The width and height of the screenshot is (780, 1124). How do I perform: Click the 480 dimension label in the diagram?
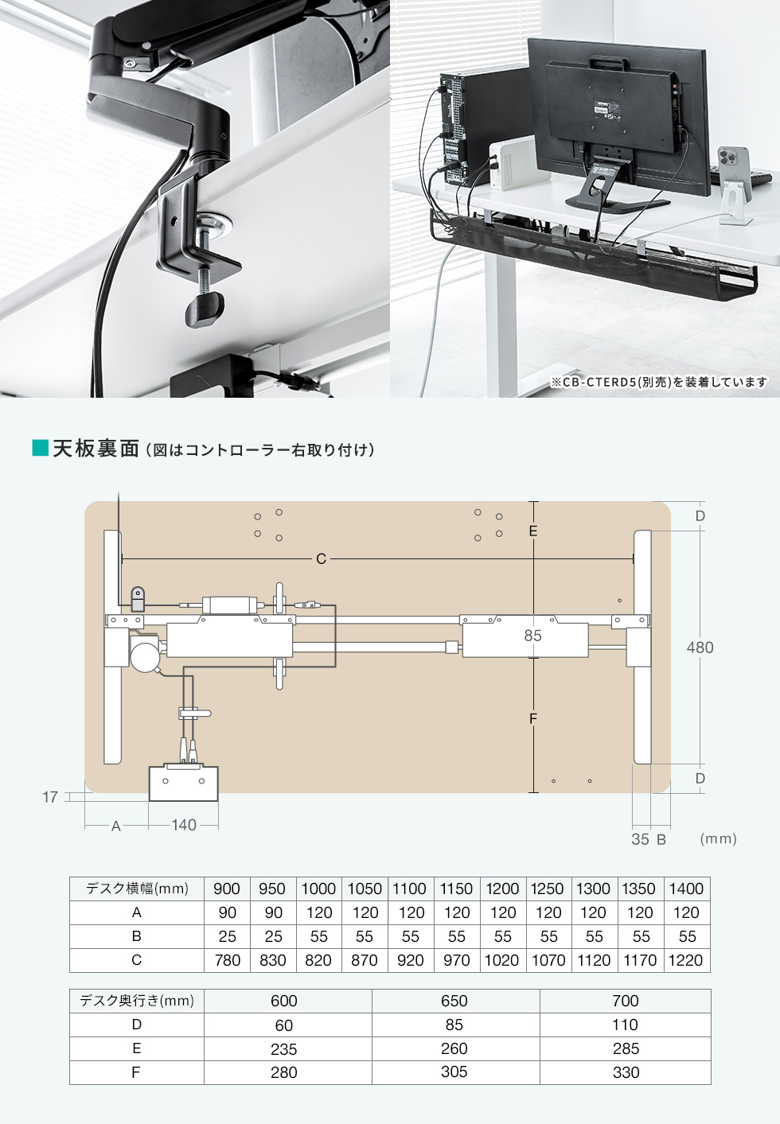[x=700, y=648]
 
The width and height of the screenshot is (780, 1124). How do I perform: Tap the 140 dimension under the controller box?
[x=184, y=825]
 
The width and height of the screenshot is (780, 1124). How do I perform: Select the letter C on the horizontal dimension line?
[x=321, y=559]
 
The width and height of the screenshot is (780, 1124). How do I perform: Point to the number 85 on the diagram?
[x=532, y=636]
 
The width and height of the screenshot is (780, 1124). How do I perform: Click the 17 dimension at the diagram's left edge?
[x=50, y=797]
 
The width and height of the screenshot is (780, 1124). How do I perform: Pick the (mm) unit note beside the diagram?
[x=718, y=838]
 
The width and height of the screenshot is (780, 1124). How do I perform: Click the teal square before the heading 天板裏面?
[x=40, y=449]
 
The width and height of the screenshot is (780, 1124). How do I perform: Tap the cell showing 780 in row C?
[x=228, y=960]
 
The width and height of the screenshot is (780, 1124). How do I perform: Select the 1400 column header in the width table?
[x=686, y=889]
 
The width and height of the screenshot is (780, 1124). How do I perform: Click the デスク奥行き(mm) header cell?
[x=137, y=1001]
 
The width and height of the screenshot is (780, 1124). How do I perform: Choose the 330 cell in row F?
[x=626, y=1072]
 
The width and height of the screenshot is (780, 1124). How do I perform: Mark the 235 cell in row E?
[x=284, y=1049]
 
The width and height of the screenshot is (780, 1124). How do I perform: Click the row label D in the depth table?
[x=137, y=1025]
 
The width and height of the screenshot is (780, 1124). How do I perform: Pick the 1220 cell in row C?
[x=685, y=960]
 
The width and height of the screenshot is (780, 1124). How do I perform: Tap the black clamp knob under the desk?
[x=204, y=308]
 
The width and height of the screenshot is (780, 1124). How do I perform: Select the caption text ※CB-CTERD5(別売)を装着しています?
[x=659, y=383]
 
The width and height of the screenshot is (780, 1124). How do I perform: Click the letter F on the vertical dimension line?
[x=533, y=718]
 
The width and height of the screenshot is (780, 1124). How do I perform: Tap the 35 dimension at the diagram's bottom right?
[x=640, y=838]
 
